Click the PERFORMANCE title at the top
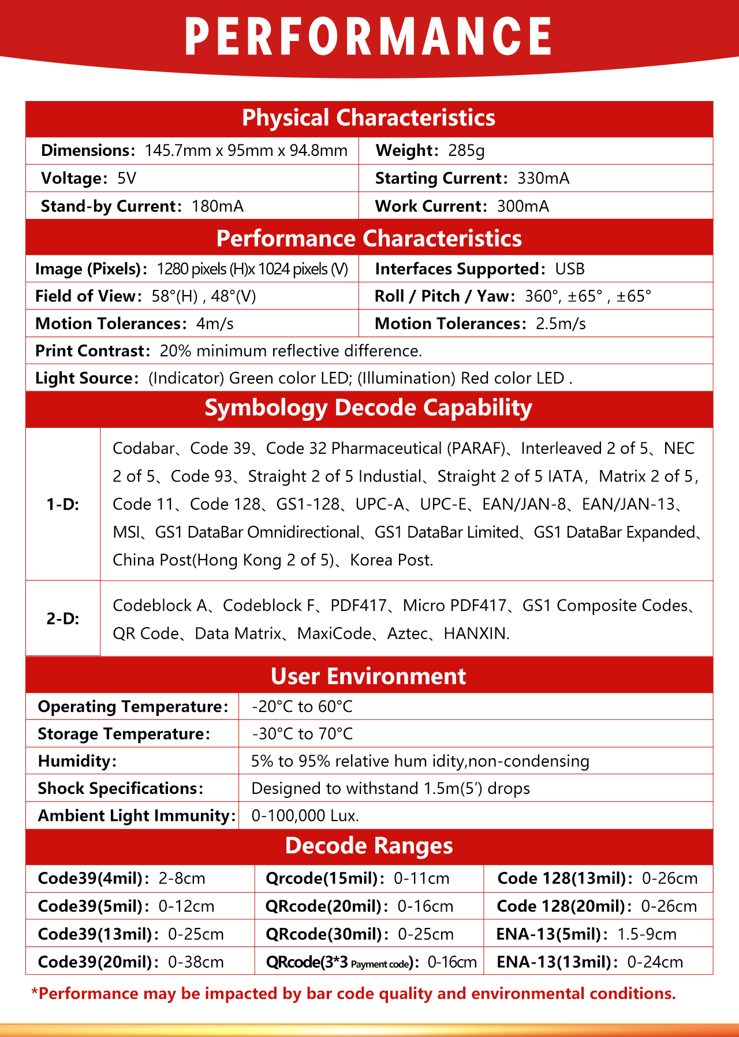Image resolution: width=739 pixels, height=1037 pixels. click(368, 36)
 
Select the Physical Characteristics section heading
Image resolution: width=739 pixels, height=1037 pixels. click(368, 118)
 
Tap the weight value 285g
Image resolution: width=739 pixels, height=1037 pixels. click(466, 151)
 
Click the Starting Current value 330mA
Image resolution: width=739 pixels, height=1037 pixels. click(543, 178)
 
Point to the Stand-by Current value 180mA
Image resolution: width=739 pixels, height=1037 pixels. click(218, 207)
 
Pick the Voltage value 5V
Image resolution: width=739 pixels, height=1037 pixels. click(127, 178)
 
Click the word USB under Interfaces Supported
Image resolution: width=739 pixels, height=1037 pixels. click(570, 269)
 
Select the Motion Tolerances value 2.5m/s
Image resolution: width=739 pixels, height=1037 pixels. click(561, 324)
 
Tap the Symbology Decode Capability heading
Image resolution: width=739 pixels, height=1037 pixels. click(368, 408)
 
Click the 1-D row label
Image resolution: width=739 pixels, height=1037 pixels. click(63, 505)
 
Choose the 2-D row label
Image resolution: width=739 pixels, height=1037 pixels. click(63, 619)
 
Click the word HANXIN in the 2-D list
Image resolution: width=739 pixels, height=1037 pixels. click(476, 634)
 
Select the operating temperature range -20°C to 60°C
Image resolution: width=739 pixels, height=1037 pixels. click(302, 707)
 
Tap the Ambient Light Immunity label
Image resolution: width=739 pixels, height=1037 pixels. click(136, 816)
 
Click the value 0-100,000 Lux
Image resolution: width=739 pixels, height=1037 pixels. click(305, 816)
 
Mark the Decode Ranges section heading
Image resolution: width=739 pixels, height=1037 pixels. click(369, 846)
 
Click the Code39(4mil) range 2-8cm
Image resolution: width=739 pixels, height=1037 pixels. click(182, 879)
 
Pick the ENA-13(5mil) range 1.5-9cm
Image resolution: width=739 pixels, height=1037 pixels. click(647, 934)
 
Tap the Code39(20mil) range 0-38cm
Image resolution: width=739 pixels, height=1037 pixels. click(196, 962)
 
